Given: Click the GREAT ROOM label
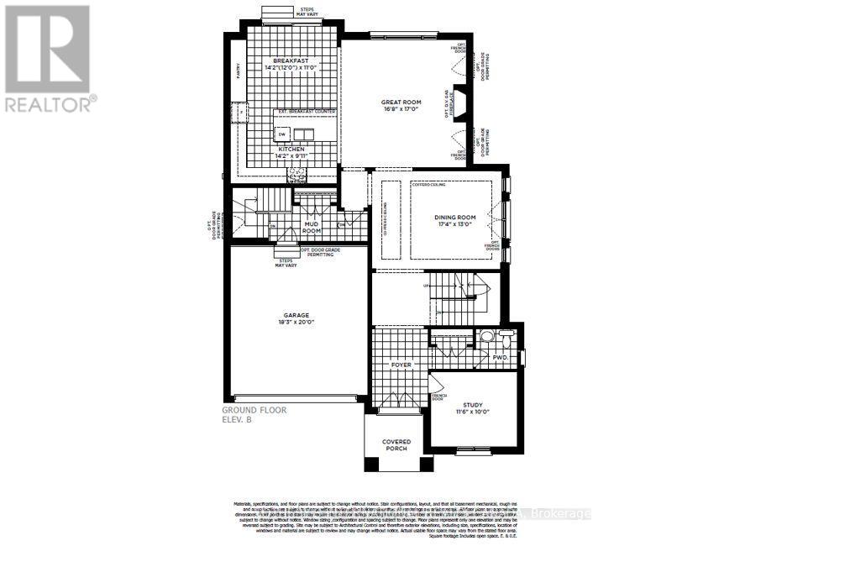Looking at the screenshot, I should click(x=400, y=102).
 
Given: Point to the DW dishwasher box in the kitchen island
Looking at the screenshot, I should click(x=281, y=134).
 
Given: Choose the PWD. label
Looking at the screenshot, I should click(x=501, y=357).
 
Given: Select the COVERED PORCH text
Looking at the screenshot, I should click(x=395, y=444).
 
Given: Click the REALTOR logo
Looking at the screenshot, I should click(x=50, y=58).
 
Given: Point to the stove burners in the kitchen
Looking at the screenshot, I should click(x=296, y=172).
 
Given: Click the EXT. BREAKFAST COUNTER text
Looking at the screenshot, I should click(x=308, y=112).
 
